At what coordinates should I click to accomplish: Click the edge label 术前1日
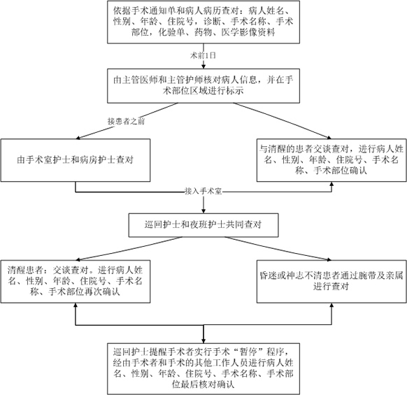203,55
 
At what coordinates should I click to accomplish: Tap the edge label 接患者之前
126,121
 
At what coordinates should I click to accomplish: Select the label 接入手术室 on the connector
203,192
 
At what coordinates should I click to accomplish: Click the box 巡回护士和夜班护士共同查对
203,225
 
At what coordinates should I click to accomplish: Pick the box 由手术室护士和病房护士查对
76,160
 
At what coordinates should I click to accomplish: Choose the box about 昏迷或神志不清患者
331,281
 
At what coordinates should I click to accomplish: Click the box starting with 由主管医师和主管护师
203,86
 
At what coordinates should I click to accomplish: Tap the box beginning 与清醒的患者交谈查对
331,160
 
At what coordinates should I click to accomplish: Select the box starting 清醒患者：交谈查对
76,281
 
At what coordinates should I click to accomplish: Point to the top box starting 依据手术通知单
203,22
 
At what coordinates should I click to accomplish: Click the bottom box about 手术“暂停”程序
203,369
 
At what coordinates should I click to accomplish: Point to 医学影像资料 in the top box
248,32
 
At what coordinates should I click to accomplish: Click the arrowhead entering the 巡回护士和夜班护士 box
203,211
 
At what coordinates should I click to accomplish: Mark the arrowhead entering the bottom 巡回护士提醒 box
203,340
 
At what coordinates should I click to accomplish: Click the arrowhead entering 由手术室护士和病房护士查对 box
78,138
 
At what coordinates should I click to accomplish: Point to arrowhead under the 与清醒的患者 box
331,184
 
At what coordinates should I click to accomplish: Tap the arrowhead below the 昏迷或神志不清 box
331,306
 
